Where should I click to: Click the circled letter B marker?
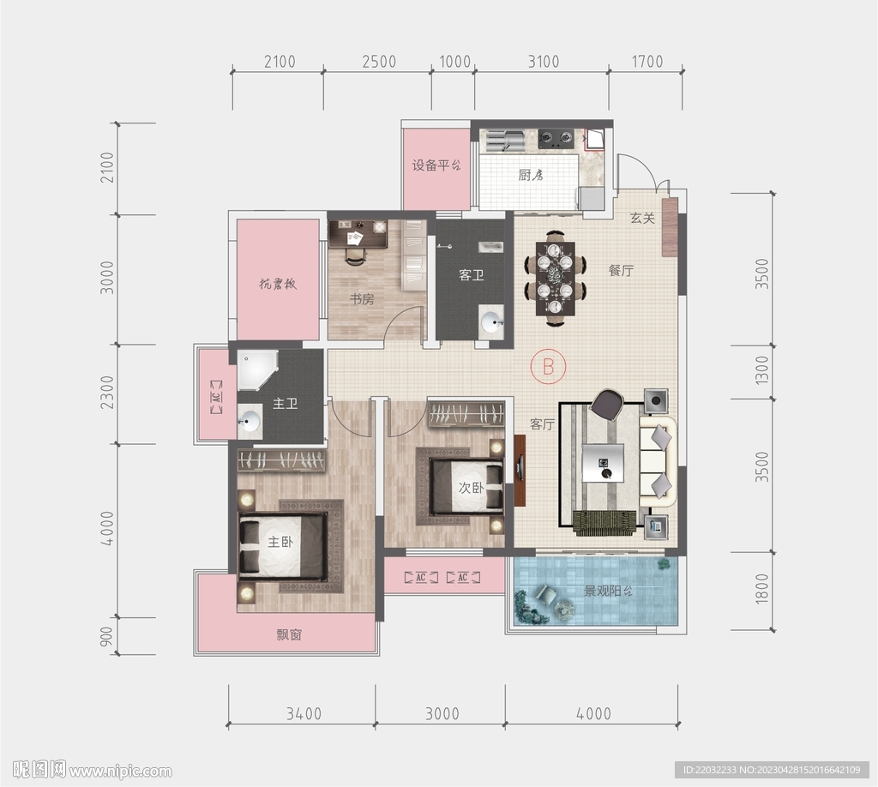(548, 366)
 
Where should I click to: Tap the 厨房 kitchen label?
(530, 175)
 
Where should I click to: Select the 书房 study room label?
(362, 299)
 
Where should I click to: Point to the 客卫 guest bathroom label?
(471, 275)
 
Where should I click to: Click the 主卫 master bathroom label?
(285, 403)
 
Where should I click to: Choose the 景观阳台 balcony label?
(608, 591)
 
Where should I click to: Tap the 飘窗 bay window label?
(289, 634)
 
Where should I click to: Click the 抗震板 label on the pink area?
(278, 284)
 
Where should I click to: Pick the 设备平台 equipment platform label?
(436, 165)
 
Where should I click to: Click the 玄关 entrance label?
(642, 218)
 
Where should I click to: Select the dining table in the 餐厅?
(555, 278)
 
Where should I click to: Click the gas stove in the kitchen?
(556, 138)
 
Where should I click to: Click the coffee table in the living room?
(603, 462)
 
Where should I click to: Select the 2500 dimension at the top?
(379, 61)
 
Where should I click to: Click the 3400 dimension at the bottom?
(304, 713)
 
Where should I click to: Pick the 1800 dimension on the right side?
(762, 589)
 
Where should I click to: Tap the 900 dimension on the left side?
(106, 636)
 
